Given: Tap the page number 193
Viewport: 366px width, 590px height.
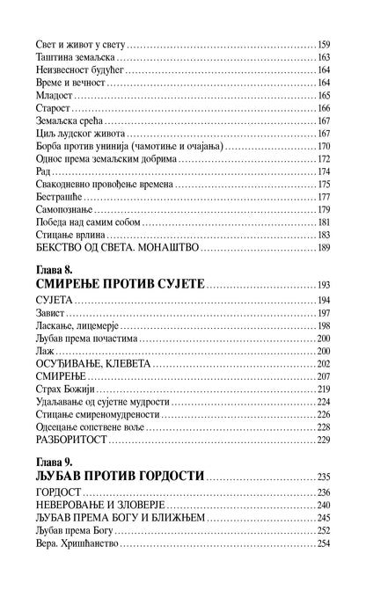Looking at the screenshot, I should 323,287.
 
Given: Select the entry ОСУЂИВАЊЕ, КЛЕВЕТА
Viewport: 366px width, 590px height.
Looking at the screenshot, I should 93,364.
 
